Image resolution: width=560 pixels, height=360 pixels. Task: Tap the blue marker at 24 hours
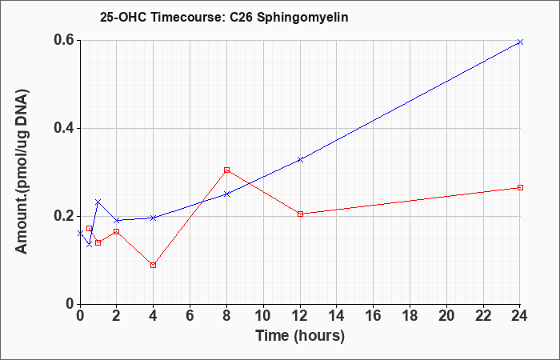point(520,42)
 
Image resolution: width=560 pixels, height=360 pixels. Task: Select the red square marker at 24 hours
point(520,187)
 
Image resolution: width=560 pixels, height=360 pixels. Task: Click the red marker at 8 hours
point(226,170)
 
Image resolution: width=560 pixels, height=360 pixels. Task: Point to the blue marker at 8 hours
point(226,194)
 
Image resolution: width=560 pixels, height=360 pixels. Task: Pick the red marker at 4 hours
point(154,265)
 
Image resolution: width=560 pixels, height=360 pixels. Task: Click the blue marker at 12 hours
point(300,160)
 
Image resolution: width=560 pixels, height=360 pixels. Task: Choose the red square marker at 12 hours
point(300,214)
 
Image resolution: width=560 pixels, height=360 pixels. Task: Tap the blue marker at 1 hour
point(98,202)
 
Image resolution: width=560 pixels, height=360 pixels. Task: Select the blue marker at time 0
point(80,233)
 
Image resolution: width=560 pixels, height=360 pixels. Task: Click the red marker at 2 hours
point(117,231)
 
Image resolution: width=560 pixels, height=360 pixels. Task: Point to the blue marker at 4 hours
point(154,218)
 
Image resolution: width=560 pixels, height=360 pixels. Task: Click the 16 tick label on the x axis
point(374,316)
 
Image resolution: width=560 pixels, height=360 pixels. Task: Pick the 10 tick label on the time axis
point(263,316)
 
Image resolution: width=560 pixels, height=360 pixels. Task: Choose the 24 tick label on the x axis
point(520,316)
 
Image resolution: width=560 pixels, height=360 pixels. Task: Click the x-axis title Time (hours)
point(300,336)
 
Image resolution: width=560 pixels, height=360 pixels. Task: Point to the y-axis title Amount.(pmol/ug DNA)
point(22,171)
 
